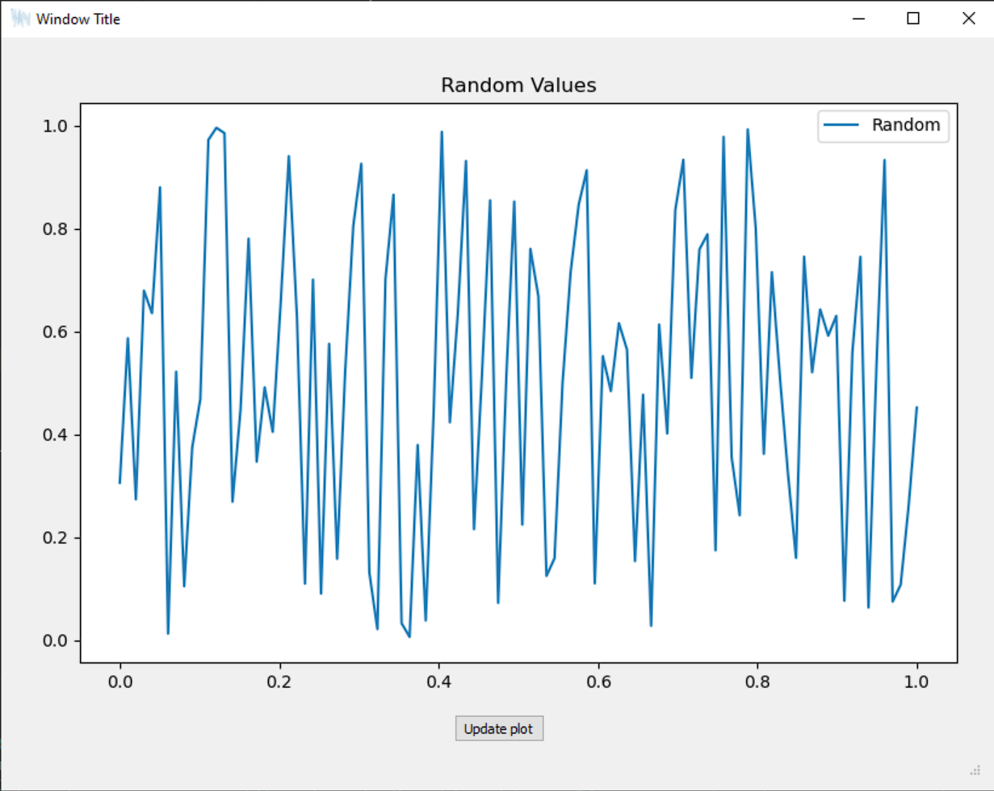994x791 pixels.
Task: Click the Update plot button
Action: (x=498, y=729)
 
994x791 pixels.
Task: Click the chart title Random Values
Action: (x=518, y=85)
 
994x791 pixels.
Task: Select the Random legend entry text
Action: (x=905, y=125)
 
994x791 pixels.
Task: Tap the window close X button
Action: (x=968, y=19)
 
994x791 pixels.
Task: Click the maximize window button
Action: (x=913, y=19)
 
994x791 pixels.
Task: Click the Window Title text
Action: (x=78, y=19)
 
